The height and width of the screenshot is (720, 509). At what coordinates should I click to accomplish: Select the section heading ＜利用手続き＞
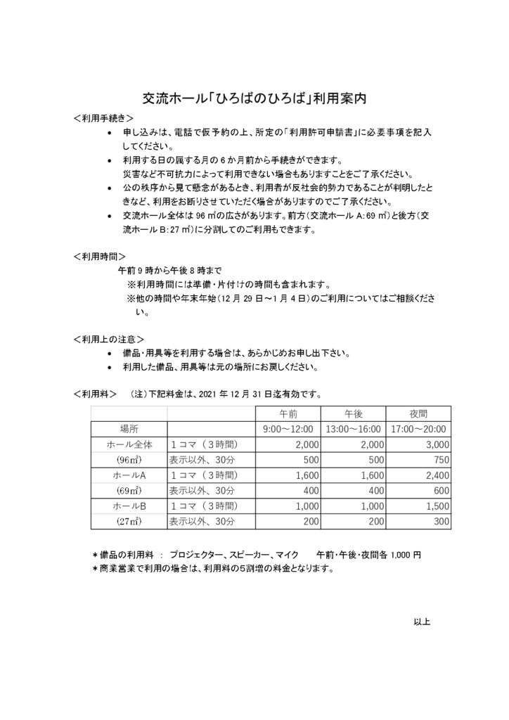[x=104, y=117]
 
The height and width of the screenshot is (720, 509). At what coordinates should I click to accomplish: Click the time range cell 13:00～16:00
[x=353, y=428]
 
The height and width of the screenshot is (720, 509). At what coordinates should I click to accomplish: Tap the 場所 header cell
[x=128, y=428]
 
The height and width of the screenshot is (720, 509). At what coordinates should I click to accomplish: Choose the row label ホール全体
[x=128, y=444]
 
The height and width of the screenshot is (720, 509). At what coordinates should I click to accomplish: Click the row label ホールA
[x=128, y=475]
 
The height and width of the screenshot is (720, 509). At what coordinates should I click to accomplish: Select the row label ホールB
[x=128, y=506]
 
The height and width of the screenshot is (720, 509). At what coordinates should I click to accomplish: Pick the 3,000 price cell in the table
[x=437, y=444]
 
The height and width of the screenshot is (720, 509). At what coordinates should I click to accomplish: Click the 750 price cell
[x=440, y=459]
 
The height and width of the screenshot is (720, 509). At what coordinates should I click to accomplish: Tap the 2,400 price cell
[x=437, y=475]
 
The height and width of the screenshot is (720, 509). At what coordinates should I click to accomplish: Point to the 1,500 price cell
[x=437, y=506]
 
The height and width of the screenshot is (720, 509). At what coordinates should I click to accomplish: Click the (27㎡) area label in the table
[x=128, y=521]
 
